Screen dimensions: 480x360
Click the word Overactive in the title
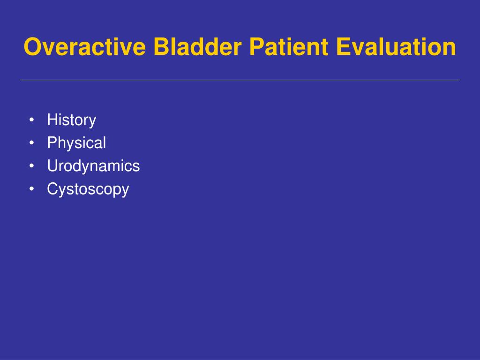[85, 46]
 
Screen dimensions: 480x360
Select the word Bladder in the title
[197, 46]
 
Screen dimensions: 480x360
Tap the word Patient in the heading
[289, 46]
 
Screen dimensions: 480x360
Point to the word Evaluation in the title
[396, 46]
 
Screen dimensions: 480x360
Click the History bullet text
[72, 120]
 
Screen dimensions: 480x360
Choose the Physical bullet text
[76, 143]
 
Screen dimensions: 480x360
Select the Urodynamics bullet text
[93, 166]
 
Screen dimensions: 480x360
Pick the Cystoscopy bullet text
[88, 189]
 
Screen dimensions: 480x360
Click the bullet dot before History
[31, 120]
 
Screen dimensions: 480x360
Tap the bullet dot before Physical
[31, 142]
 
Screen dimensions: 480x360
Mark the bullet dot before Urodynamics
[31, 166]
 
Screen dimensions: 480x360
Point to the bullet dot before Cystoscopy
[31, 189]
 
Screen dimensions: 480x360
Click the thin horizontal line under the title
[240, 80]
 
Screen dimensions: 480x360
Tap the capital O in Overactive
[33, 46]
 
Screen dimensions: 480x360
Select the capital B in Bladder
[161, 46]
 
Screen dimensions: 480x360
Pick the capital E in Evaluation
[343, 46]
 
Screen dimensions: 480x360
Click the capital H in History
[52, 120]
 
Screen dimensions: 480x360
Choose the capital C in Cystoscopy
[53, 189]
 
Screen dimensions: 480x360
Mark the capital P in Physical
[52, 142]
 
